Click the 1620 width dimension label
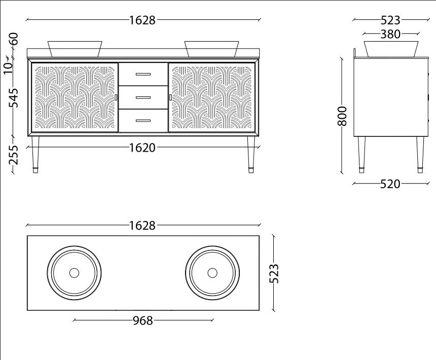[142, 148]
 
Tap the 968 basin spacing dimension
[143, 321]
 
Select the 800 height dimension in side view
[342, 116]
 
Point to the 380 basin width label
[390, 34]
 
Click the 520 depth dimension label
[390, 184]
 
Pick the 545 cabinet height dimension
[13, 98]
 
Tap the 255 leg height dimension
[13, 155]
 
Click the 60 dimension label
[14, 39]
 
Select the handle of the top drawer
[143, 74]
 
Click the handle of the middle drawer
[143, 97]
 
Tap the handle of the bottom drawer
[143, 121]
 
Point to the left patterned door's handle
[116, 97]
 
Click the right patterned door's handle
[170, 97]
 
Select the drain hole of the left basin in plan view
[74, 273]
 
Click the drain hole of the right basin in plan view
[212, 273]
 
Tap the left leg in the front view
[35, 155]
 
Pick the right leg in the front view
[251, 155]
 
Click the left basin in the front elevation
[75, 49]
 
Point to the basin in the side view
[391, 49]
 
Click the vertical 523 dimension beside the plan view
[274, 273]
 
